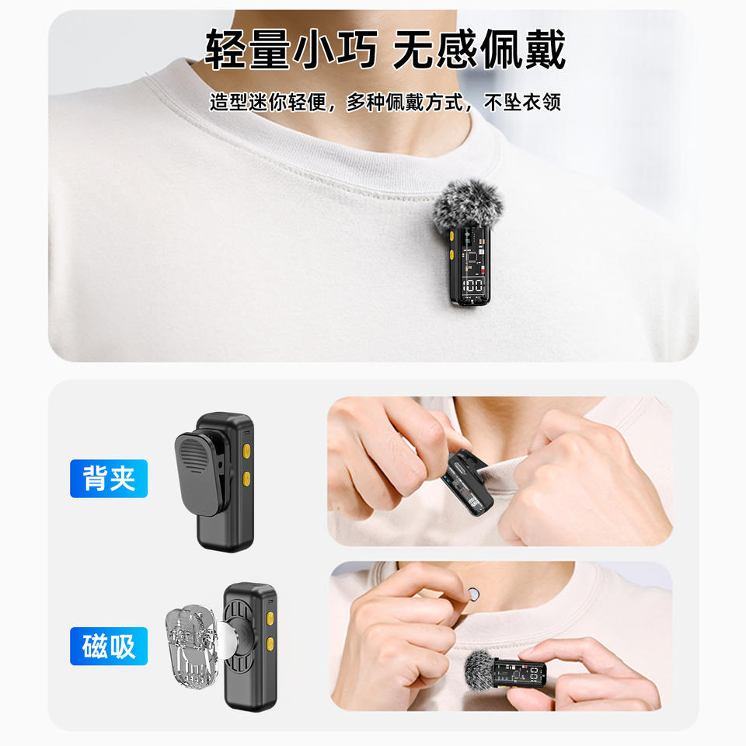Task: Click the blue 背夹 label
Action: coord(109,478)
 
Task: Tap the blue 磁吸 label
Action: coord(109,646)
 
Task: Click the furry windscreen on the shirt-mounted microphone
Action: coord(469,205)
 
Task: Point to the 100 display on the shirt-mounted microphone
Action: coord(472,285)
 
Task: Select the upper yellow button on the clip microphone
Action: coord(246,451)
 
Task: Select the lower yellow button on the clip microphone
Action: coord(246,479)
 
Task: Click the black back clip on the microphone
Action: coord(200,472)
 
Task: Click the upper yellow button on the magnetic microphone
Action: coord(270,618)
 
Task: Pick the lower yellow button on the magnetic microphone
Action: coord(270,644)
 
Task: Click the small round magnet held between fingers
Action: coord(473,593)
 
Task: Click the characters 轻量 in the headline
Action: coord(247,49)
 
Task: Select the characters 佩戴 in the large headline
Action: coord(523,49)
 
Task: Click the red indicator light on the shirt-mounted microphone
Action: coord(483,270)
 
